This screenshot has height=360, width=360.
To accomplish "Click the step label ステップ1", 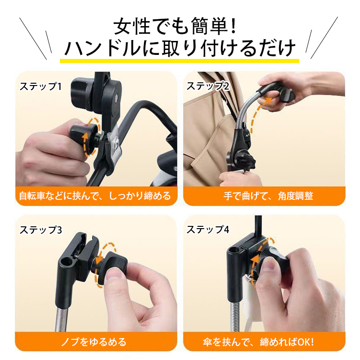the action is click(40, 86).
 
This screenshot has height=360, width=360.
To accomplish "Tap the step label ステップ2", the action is click(208, 86).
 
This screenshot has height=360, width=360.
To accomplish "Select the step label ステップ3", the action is click(40, 230).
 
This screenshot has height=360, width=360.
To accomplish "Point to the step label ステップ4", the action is click(208, 229).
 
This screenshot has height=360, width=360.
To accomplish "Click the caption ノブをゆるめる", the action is click(94, 342).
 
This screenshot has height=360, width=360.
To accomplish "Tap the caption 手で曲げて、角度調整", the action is click(268, 196).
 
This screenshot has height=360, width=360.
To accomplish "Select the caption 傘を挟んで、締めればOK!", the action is click(258, 342).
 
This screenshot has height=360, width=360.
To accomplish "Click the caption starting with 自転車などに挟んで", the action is click(95, 196).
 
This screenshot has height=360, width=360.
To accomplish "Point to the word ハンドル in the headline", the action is click(103, 48).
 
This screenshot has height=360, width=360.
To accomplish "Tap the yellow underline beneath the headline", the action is click(179, 61).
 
